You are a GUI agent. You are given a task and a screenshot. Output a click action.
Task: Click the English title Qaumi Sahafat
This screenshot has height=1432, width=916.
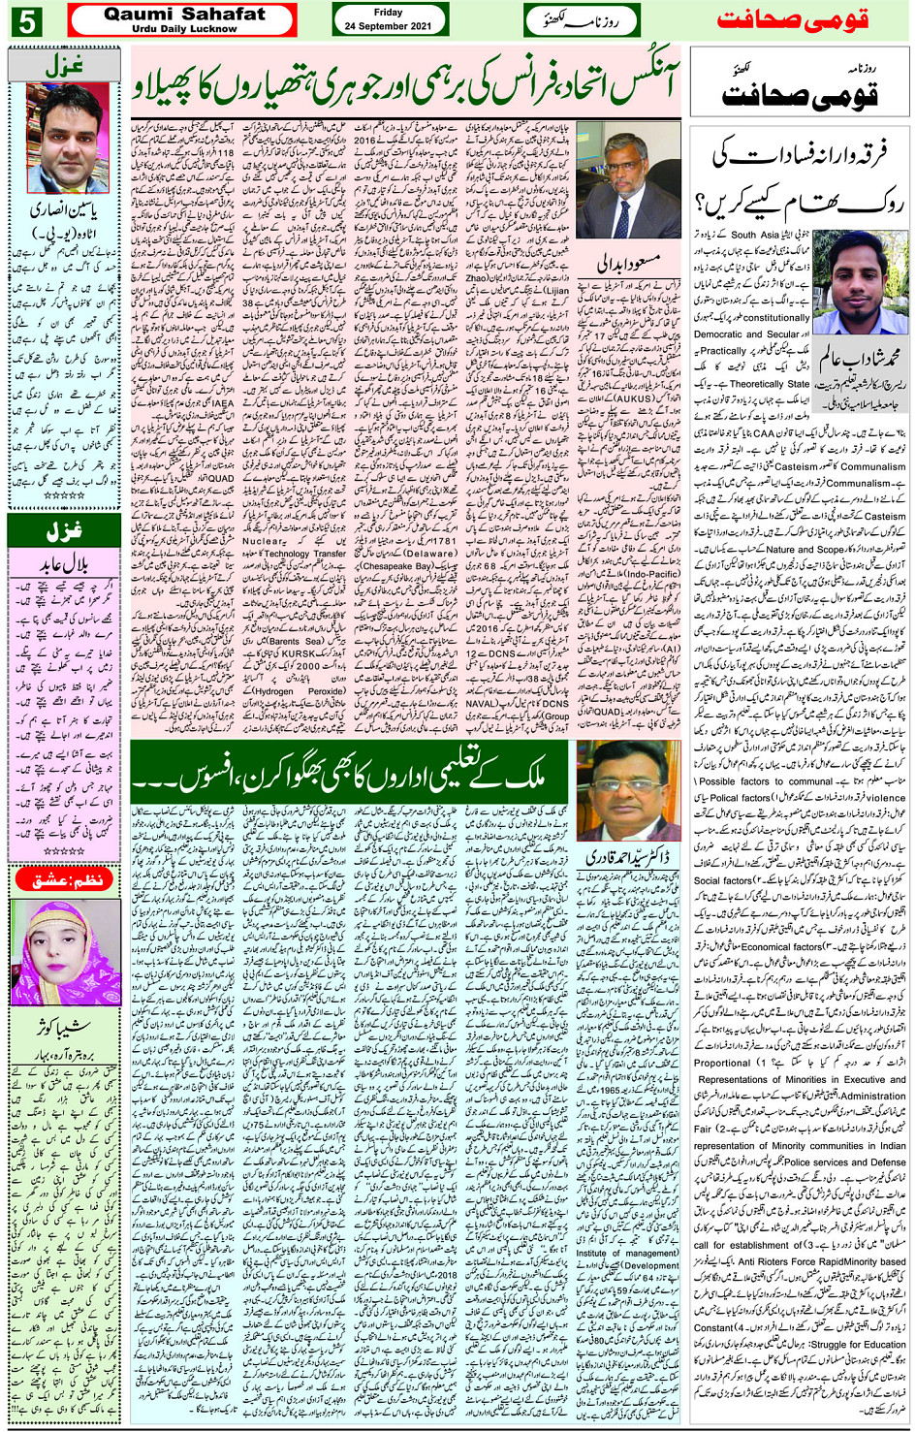[x=184, y=14]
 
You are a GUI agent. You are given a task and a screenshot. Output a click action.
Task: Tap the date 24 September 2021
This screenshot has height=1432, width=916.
[x=388, y=26]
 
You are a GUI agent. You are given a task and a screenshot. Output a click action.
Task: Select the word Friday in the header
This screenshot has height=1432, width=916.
[x=388, y=13]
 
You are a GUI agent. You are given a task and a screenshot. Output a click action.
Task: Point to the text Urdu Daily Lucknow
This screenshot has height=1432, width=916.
[x=184, y=29]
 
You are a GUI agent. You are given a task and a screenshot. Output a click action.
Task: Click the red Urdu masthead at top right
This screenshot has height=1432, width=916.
[x=792, y=20]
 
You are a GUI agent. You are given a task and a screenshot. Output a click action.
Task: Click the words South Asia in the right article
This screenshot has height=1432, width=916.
[x=756, y=235]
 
